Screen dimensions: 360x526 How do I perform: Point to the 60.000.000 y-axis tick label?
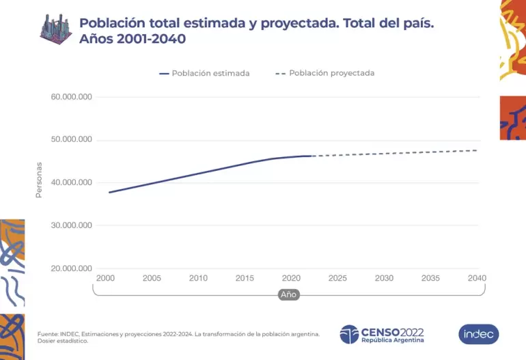[71, 97]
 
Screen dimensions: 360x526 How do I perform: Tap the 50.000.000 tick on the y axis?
[71, 140]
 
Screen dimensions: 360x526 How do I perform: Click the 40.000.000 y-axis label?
[71, 182]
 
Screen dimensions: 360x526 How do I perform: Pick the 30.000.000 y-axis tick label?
[71, 225]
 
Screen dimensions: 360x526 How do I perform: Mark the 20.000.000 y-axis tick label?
[71, 268]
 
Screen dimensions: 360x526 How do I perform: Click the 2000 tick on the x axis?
[105, 278]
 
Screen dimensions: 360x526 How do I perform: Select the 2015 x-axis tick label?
[245, 278]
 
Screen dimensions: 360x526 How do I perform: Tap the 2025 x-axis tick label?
[337, 278]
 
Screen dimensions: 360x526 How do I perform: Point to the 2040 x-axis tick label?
[476, 278]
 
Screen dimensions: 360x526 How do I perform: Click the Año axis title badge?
[288, 294]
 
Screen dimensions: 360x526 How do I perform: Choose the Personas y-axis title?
[39, 180]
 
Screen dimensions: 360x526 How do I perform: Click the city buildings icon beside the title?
[56, 29]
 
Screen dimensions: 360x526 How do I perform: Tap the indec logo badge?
[478, 334]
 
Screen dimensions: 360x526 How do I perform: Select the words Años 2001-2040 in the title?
[133, 40]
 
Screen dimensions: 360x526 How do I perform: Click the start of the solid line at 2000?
[109, 192]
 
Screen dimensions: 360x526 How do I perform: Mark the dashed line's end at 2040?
[476, 150]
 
